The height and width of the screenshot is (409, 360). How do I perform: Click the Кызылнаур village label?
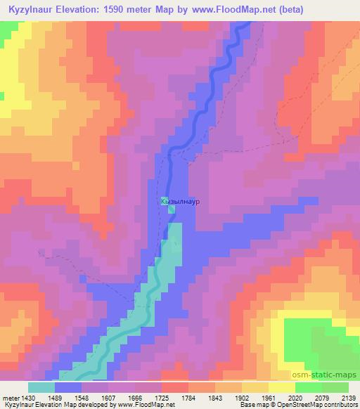(x=181, y=201)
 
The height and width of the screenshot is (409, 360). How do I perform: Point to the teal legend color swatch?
(x=41, y=387)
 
